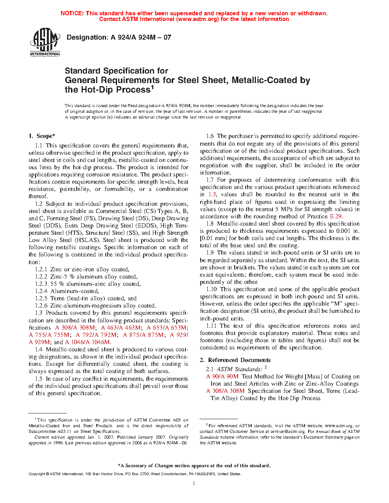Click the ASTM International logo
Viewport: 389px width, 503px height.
click(45, 42)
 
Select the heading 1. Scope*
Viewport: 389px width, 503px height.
click(42, 136)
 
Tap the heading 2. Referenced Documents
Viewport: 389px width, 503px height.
click(235, 360)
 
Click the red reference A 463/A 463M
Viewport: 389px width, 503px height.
click(121, 328)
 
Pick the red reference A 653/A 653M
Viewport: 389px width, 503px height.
click(167, 328)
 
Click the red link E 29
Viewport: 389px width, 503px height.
click(336, 216)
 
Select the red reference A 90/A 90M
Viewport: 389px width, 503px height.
click(222, 376)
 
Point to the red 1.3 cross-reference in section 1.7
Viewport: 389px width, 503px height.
click(212, 194)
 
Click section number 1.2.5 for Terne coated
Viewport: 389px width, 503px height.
click(41, 298)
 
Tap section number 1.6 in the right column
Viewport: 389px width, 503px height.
click(210, 136)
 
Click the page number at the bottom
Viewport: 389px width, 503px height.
click(194, 483)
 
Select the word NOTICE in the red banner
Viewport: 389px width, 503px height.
click(72, 13)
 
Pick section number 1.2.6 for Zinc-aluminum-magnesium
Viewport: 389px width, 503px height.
click(41, 306)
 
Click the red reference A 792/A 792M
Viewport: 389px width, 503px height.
click(96, 335)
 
